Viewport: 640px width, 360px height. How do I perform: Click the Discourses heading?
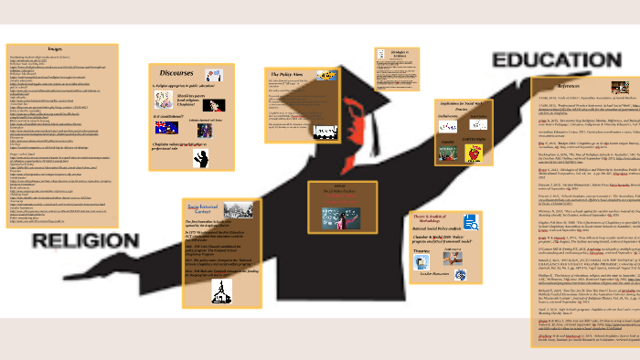(176, 71)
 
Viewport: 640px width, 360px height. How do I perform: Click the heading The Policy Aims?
(284, 72)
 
